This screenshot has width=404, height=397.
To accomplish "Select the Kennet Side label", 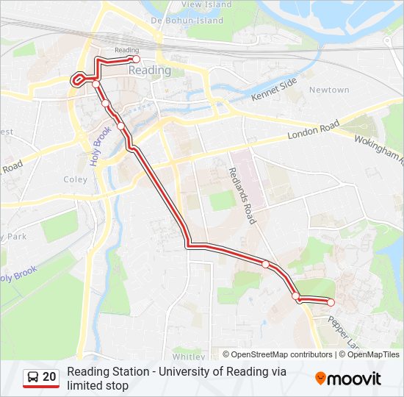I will tap(273, 89).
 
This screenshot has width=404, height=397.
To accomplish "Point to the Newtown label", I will tap(329, 90).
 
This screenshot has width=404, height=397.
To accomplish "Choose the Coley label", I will tap(75, 179).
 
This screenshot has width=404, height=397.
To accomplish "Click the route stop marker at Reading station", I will tap(136, 59).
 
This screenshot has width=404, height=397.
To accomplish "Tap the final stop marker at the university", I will tap(331, 302).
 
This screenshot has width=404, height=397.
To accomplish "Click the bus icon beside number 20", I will tap(33, 377).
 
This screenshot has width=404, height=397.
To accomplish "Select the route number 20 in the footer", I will tap(49, 377).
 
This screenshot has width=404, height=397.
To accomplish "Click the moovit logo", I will tap(348, 379).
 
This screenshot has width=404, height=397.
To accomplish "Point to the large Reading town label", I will tap(149, 71).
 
